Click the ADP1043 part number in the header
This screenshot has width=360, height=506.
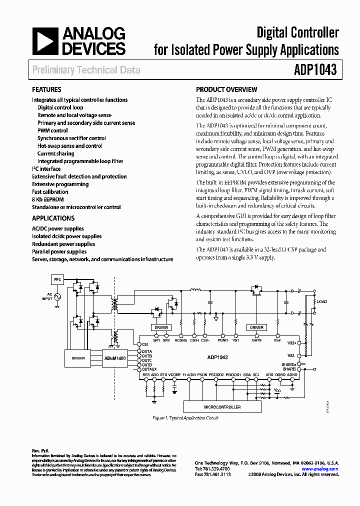313,70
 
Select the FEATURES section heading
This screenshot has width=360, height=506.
46,90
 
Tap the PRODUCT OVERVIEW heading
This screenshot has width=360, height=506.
226,90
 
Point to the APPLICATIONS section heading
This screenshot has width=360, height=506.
53,218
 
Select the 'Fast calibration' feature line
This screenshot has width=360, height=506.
50,192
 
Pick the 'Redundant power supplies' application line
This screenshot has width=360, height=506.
63,244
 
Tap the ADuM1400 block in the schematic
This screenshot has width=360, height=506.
115,358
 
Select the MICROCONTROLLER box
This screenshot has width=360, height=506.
222,407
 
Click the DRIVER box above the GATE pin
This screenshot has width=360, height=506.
256,327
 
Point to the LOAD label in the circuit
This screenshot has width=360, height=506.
321,301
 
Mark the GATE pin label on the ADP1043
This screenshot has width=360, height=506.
256,340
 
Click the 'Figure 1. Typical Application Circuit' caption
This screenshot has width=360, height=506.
184,418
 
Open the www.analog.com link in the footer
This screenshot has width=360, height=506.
320,469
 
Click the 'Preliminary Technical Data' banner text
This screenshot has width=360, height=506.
86,70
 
